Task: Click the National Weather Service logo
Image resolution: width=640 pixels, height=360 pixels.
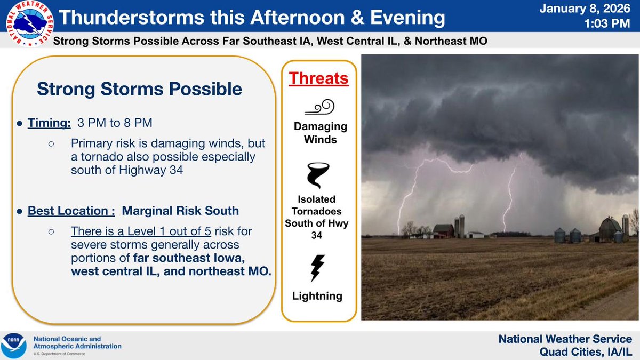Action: (30, 23)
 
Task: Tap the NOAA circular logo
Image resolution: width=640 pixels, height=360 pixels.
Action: (13, 346)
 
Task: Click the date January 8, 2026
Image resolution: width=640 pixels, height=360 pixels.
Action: (585, 9)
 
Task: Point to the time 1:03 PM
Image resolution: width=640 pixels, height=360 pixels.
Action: (607, 23)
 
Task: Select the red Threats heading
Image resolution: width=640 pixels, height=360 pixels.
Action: (318, 78)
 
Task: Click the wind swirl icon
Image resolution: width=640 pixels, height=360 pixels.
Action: (319, 107)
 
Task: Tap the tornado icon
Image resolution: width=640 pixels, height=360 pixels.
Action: (318, 175)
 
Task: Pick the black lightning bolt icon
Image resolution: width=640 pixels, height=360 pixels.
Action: (317, 268)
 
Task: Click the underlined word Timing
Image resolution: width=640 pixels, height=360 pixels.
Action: (49, 123)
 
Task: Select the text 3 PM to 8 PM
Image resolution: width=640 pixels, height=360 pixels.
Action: (115, 123)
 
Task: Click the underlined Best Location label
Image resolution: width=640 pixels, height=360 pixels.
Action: (71, 211)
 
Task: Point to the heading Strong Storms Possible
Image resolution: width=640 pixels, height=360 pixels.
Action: (139, 89)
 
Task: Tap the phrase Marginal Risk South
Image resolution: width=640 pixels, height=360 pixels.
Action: (180, 211)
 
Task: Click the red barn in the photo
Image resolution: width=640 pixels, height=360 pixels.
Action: (443, 231)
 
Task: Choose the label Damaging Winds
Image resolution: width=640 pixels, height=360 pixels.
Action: (321, 133)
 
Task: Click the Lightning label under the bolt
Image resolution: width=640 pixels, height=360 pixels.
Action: (317, 296)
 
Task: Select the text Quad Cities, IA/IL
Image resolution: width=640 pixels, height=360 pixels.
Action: (586, 351)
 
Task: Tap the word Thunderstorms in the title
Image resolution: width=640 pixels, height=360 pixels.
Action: (132, 17)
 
